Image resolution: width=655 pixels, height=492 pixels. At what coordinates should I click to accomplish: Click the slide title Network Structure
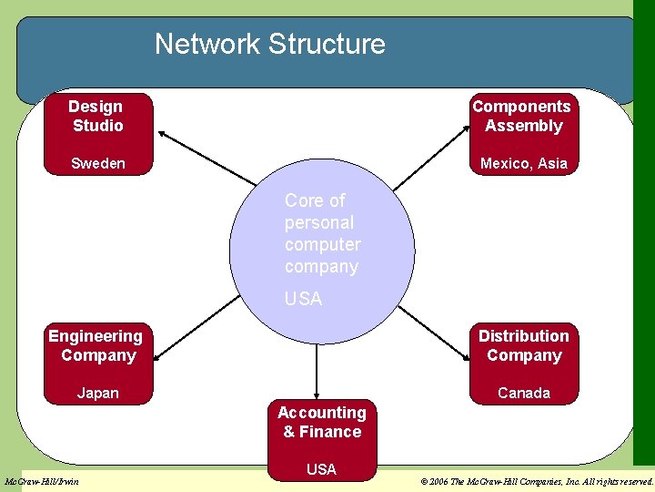[269, 44]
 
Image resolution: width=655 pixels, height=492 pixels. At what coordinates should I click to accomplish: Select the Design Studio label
[96, 117]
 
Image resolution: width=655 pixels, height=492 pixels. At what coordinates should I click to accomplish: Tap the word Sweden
[98, 164]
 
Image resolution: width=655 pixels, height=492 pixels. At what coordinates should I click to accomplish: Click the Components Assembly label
[522, 117]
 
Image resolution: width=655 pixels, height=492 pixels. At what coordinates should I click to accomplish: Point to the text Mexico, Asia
[524, 164]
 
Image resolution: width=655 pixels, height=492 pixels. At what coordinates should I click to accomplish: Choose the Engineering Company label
[96, 346]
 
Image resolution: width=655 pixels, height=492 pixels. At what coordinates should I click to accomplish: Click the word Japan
[97, 394]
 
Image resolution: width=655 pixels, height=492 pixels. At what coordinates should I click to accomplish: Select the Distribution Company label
[523, 346]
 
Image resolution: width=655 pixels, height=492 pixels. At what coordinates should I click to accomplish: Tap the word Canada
[524, 394]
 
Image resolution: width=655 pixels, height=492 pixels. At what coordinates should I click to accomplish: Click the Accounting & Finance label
[321, 423]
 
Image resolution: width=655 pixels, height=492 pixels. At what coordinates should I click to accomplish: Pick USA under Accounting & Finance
[321, 470]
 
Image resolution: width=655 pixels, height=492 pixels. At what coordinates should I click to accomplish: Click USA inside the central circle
[303, 299]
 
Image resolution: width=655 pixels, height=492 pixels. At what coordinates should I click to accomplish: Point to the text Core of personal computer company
[322, 233]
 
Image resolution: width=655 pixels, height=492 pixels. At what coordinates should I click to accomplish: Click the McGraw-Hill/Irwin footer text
[42, 481]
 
